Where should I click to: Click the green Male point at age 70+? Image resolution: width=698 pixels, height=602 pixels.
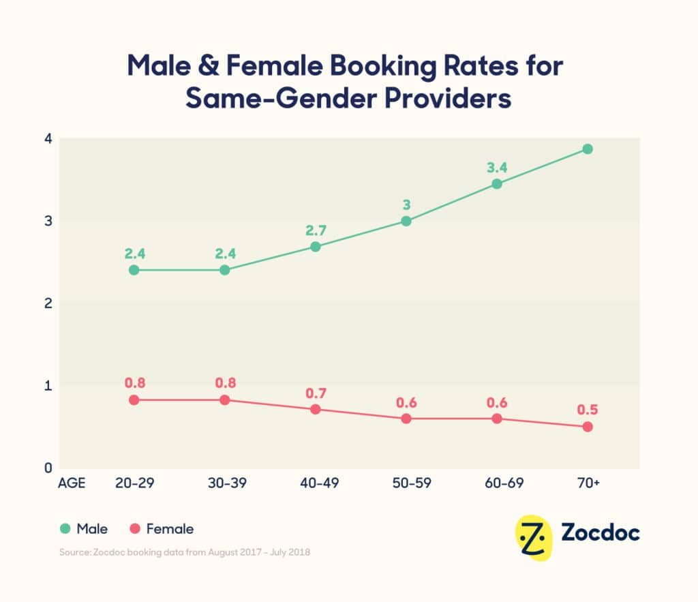point(588,149)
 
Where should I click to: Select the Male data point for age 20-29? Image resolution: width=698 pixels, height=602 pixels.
point(134,270)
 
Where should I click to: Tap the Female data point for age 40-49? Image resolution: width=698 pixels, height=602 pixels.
point(316,409)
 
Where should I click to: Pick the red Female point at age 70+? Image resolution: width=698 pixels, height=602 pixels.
point(588,427)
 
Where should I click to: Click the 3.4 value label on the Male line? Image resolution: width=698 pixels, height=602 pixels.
point(496,166)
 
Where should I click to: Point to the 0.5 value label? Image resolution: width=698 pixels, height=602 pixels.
point(588,409)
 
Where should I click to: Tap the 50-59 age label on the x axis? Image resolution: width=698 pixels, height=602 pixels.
point(406,483)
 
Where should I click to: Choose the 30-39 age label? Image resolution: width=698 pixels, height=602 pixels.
point(225,483)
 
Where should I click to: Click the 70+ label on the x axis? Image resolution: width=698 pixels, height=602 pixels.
point(588,483)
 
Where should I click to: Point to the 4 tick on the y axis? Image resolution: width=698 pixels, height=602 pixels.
point(48,138)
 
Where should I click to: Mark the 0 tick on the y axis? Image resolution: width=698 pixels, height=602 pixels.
point(48,468)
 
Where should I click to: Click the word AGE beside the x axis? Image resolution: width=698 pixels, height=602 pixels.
point(72,483)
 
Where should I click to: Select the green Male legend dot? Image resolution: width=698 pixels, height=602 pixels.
point(65,529)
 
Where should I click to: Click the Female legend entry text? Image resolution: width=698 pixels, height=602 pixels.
point(170,529)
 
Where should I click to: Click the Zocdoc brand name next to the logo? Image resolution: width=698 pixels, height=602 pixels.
point(601,532)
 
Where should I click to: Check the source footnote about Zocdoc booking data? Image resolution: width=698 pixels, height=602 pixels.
point(183,552)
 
